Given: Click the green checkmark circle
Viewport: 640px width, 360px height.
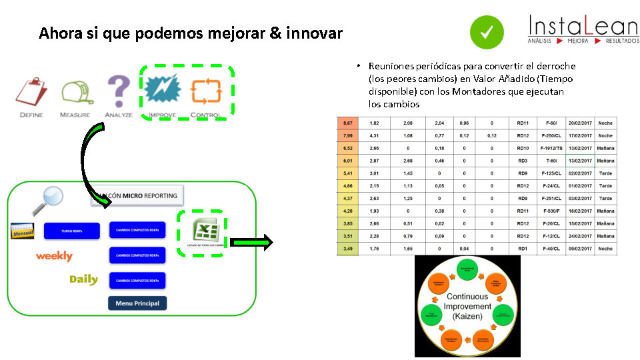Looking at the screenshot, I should tap(486, 31).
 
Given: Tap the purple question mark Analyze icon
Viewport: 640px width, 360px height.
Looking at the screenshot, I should tap(119, 91).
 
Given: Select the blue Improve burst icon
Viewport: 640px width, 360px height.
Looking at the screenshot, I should tap(162, 91).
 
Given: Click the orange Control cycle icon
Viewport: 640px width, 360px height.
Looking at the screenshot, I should tap(205, 91).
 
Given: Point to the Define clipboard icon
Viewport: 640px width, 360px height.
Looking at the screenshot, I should tap(31, 92).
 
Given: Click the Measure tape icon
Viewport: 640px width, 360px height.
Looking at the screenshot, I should tap(75, 92).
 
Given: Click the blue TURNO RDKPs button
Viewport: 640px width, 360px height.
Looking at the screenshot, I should tap(71, 231).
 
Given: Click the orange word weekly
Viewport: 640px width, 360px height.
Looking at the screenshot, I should tap(54, 256).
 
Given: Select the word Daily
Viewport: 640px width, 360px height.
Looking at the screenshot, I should tap(83, 279).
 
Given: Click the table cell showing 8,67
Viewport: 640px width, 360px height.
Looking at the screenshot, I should tap(348, 123).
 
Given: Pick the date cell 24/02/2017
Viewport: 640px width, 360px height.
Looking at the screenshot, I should tap(580, 236).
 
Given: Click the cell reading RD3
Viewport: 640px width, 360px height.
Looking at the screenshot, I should tap(523, 161).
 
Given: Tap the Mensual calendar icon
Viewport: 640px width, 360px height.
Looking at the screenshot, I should tap(23, 231).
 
